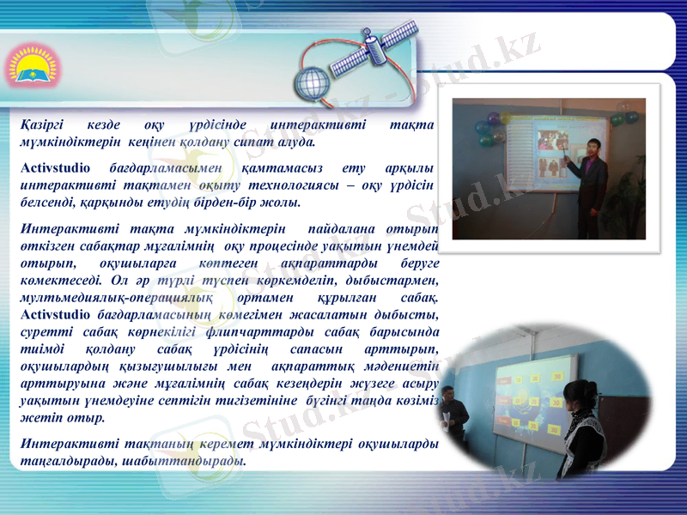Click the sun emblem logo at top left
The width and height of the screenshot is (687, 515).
click(x=29, y=66)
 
